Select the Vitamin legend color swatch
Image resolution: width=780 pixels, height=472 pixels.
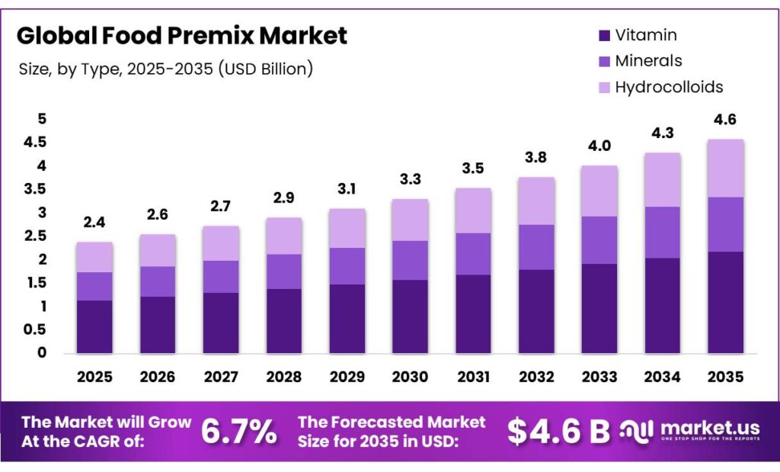tap(605, 35)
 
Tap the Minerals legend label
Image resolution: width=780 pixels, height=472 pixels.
tap(648, 61)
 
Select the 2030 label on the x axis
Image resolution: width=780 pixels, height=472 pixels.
tap(411, 377)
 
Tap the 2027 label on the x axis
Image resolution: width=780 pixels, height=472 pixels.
tap(221, 377)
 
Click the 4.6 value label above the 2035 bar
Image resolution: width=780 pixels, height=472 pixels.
tap(725, 120)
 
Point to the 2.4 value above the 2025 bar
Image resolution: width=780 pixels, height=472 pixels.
tap(94, 223)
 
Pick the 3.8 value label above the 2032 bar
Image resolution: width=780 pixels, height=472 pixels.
tap(535, 158)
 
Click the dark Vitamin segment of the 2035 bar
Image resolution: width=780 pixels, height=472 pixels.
tap(725, 303)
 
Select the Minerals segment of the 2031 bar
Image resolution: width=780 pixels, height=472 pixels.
tap(473, 254)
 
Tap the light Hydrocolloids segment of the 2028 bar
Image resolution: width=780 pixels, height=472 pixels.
tap(284, 236)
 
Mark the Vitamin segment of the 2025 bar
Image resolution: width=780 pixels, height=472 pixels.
tap(94, 326)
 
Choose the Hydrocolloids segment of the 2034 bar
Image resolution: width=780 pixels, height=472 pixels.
tap(662, 179)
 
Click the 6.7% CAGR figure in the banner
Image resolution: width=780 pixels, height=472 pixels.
tap(238, 432)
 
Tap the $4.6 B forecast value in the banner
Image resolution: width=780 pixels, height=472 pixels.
tap(558, 432)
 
